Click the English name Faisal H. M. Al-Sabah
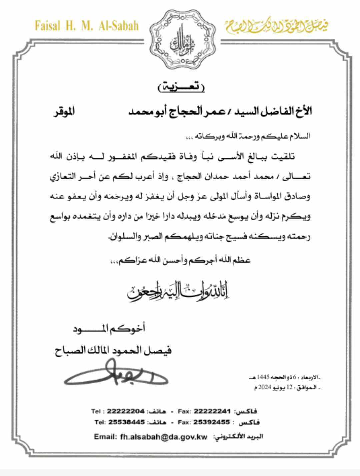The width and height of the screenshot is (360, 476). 86,26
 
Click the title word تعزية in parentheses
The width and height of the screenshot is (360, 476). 181,87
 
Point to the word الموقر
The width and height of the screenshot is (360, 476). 64,111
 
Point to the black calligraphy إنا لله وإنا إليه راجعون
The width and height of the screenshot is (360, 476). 179,291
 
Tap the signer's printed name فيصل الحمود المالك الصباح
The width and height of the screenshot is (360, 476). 113,351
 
